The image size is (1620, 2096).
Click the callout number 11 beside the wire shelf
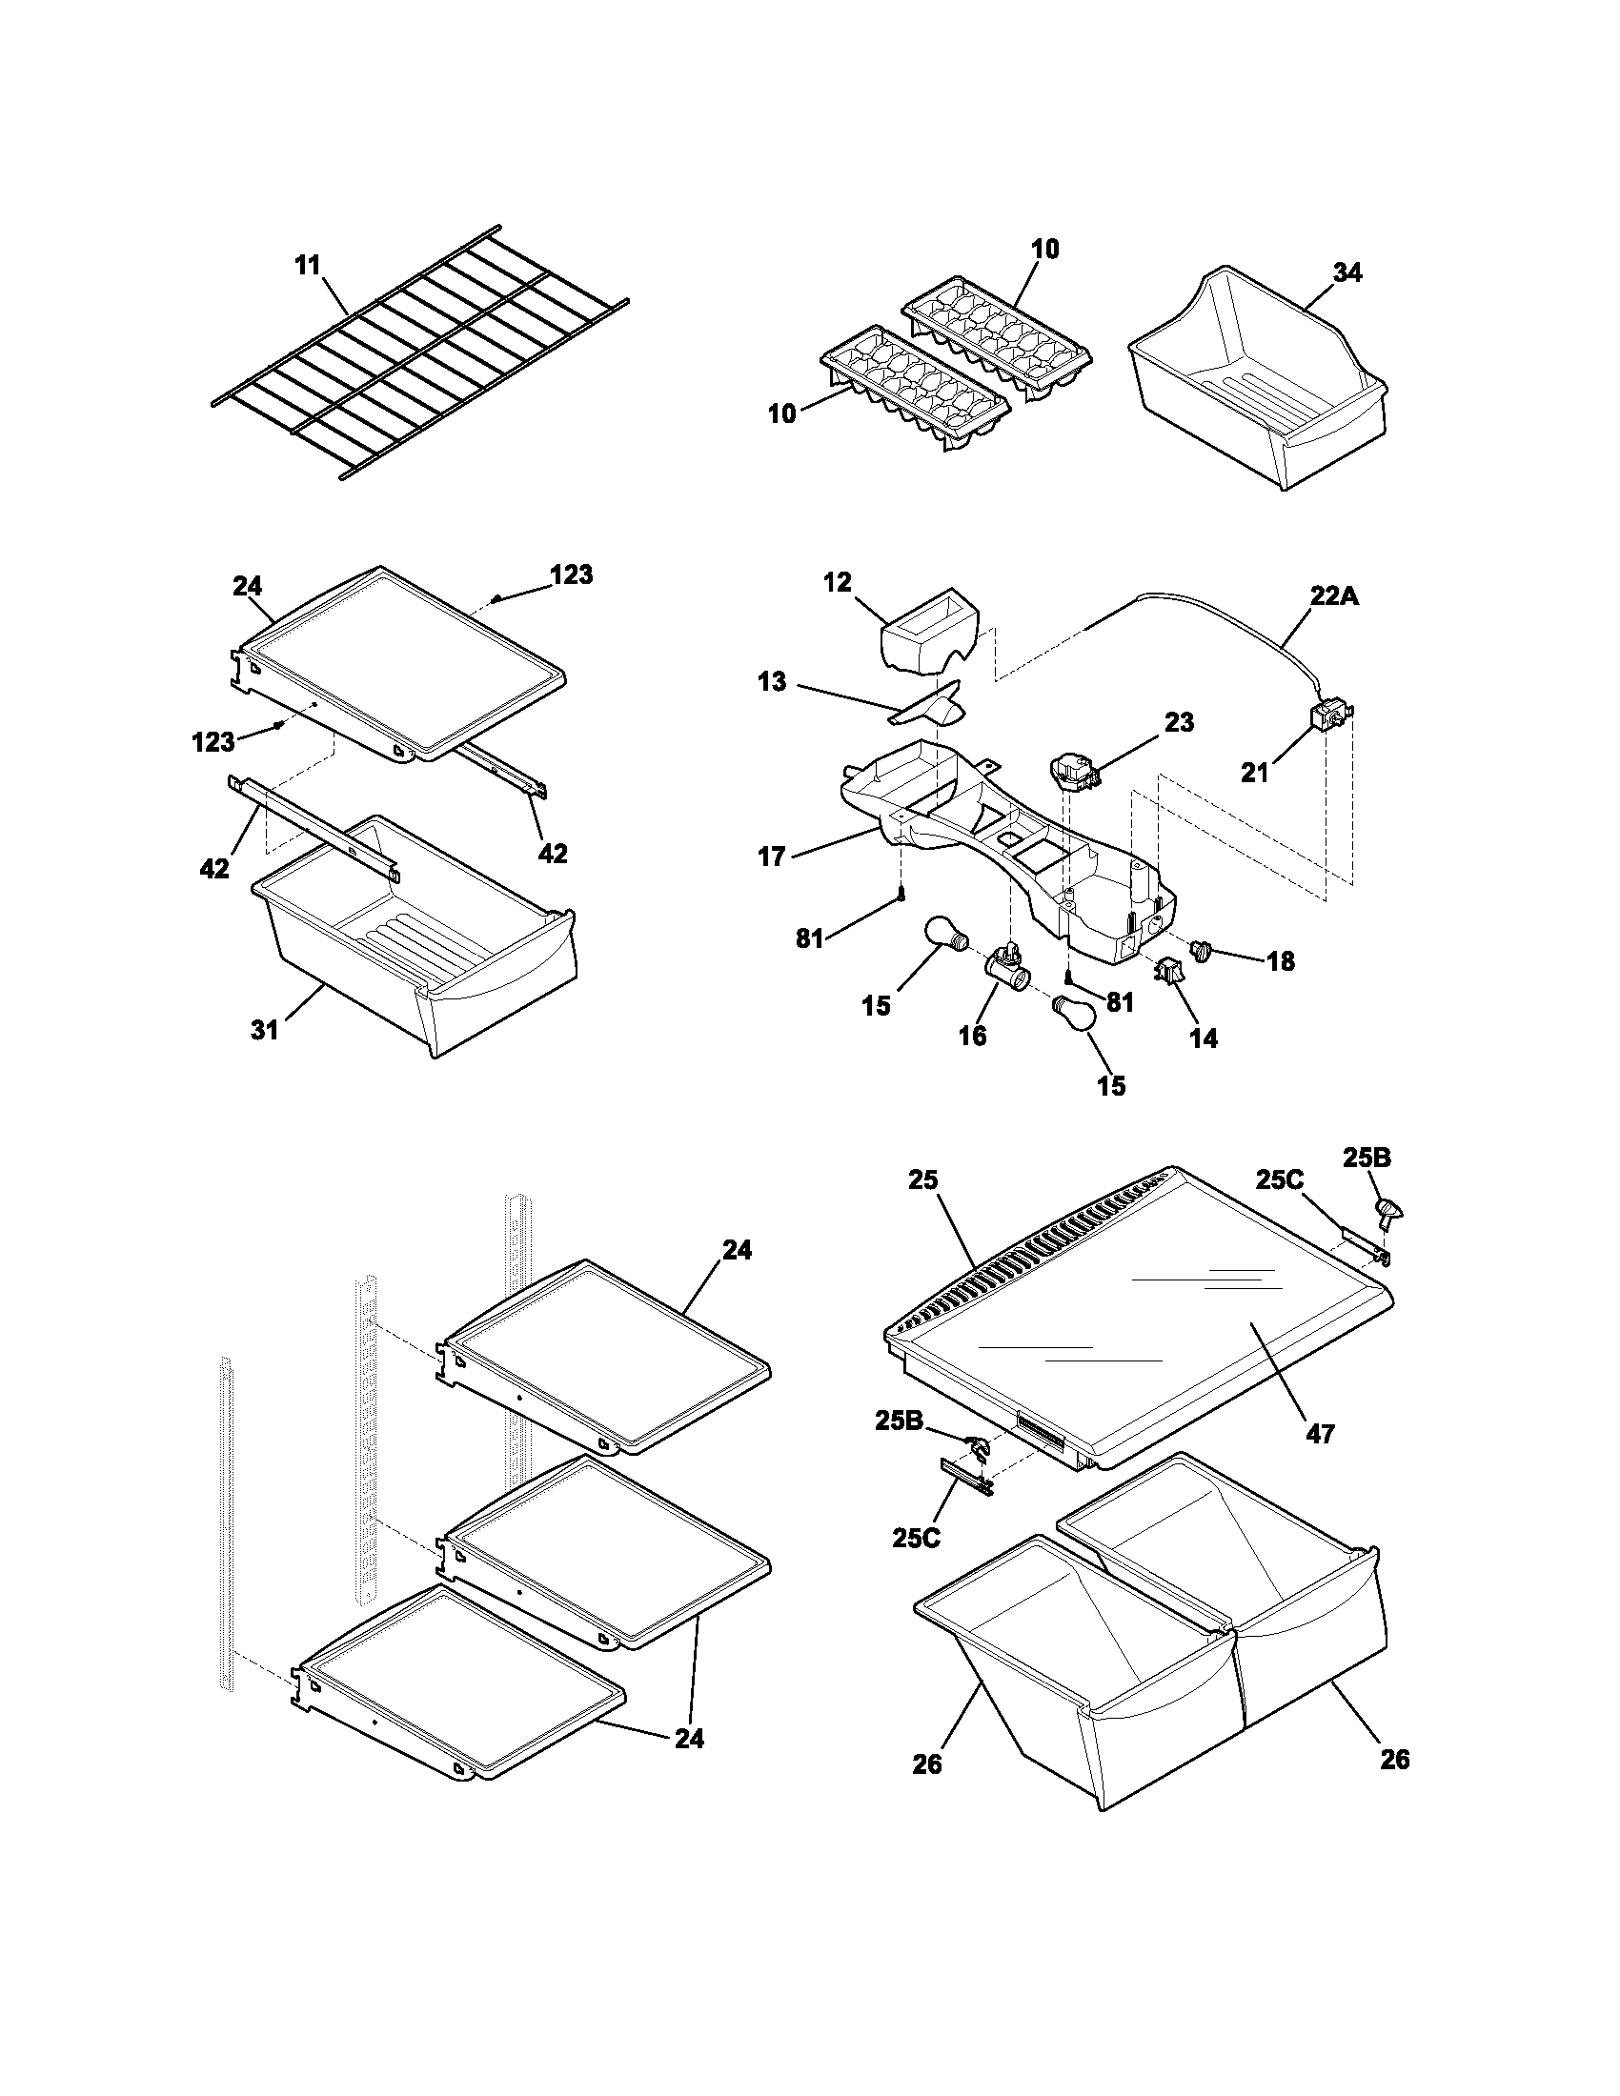[307, 266]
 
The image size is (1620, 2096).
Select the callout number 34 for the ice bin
[1347, 273]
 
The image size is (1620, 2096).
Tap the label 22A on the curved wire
[1335, 596]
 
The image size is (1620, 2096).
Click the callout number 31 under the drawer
[265, 1030]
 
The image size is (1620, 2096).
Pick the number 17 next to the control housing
[772, 857]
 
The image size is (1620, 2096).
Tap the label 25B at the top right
[1367, 1158]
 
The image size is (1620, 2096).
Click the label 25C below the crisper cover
[917, 1538]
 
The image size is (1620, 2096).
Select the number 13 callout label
[772, 682]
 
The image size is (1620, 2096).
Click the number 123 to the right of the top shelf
[571, 574]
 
